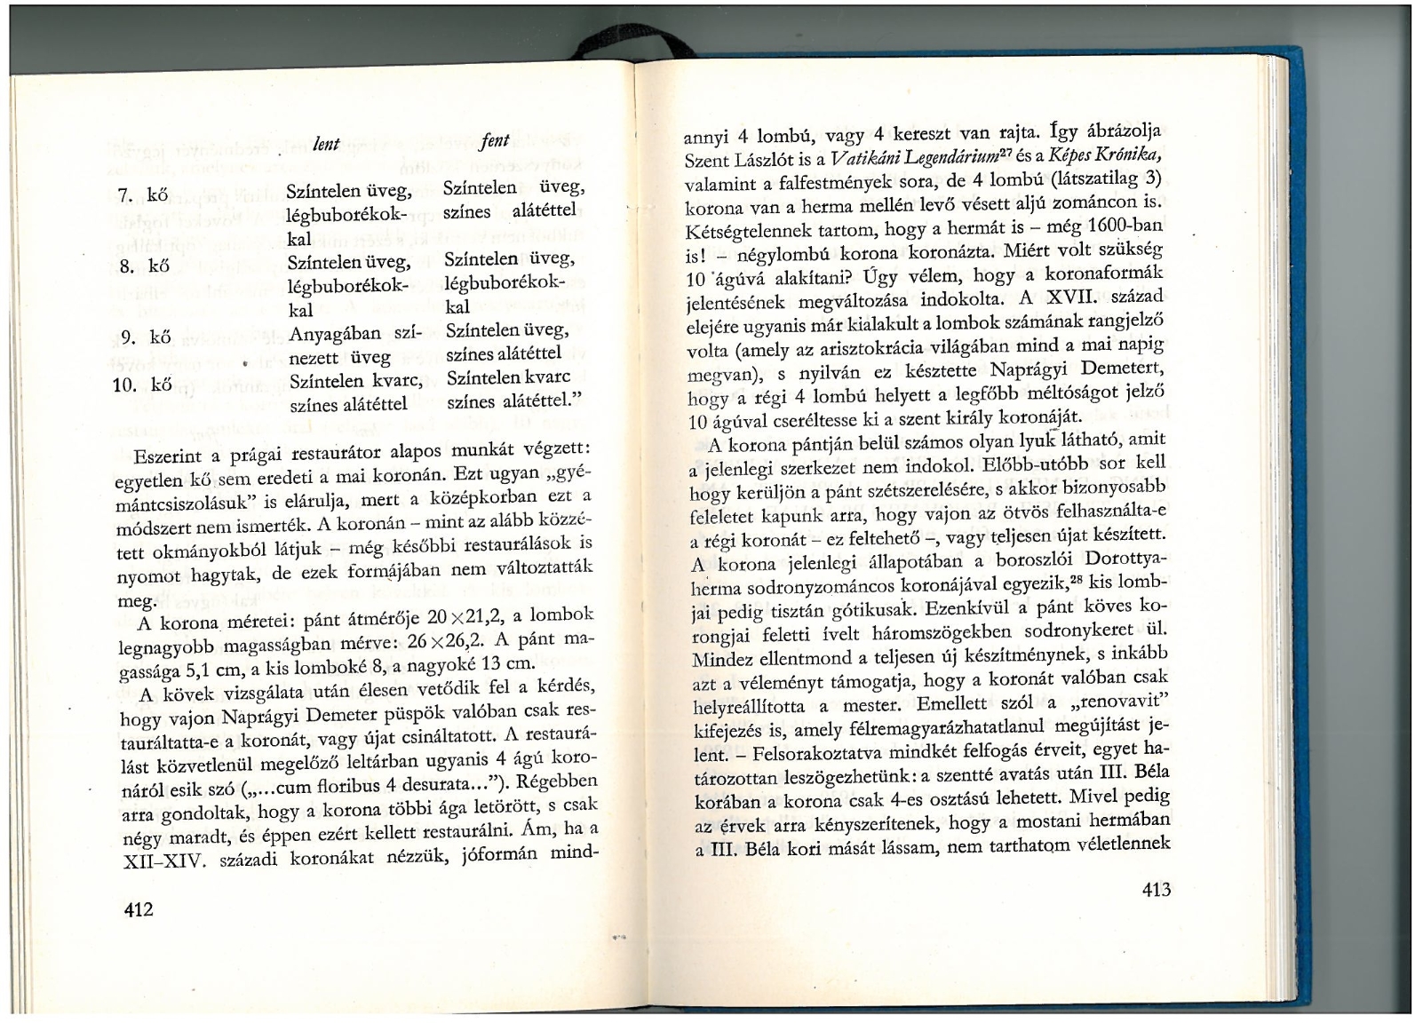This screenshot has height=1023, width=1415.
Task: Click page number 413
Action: pyautogui.click(x=1152, y=890)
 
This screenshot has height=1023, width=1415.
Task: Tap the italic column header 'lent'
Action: pyautogui.click(x=327, y=143)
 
